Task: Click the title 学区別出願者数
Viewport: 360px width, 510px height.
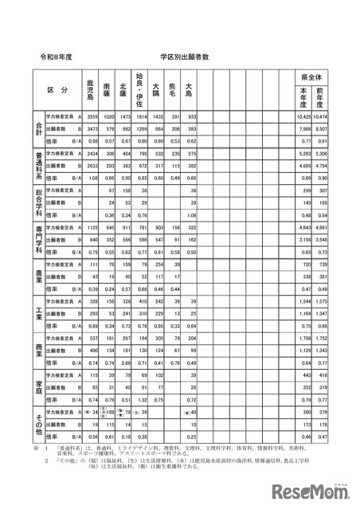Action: click(184, 57)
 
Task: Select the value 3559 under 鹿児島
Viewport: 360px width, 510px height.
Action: click(92, 116)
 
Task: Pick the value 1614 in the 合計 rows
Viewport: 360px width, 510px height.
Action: click(139, 116)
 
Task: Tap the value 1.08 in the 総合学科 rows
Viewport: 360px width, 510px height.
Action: click(190, 215)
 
